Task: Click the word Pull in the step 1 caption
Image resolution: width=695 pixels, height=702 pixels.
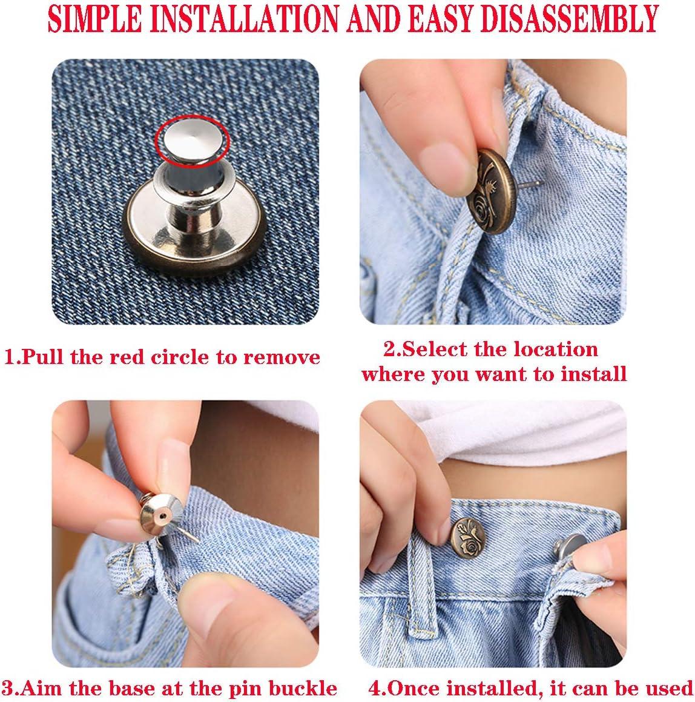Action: click(x=42, y=357)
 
